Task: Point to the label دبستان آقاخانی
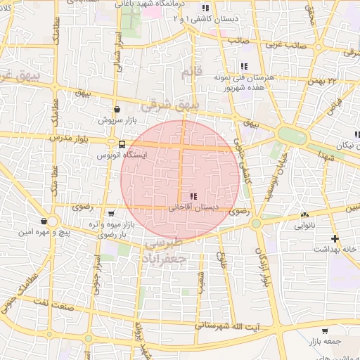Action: tap(193, 207)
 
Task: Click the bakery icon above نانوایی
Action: tap(304, 215)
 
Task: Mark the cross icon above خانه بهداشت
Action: tap(335, 238)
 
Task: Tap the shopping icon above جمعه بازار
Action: tap(325, 330)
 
